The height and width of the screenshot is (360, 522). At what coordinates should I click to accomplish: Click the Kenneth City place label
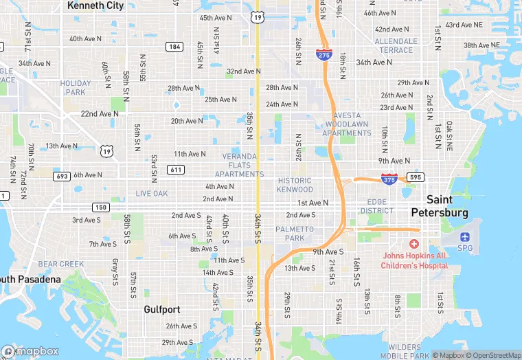[x=95, y=5]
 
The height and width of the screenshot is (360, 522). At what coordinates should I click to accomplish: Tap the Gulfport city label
[x=162, y=310]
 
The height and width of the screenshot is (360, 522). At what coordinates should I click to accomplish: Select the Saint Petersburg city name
[x=440, y=205]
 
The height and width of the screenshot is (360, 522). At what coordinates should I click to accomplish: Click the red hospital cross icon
[x=414, y=244]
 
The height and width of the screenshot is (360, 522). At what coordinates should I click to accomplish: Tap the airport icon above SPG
[x=466, y=236]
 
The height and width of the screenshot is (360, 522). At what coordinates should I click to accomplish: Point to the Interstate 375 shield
[x=389, y=179]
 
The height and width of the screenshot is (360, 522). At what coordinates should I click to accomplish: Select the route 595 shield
[x=414, y=177]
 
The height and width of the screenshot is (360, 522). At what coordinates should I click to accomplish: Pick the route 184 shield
[x=174, y=46]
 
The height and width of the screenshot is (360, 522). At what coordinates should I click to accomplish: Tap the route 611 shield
[x=175, y=170]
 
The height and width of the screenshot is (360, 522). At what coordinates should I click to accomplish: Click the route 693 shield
[x=62, y=176]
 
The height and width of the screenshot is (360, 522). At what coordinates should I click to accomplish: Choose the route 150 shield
[x=101, y=207]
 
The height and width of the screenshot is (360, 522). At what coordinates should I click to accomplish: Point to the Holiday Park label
[x=76, y=87]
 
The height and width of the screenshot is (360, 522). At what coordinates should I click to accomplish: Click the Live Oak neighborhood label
[x=152, y=194]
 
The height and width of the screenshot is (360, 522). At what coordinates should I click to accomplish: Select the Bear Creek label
[x=61, y=264]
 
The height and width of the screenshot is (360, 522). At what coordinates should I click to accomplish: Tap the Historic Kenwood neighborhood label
[x=295, y=185]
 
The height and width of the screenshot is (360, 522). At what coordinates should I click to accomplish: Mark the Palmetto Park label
[x=295, y=234]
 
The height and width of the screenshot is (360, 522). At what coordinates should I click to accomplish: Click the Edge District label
[x=377, y=206]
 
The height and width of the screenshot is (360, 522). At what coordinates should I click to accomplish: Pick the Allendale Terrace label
[x=395, y=46]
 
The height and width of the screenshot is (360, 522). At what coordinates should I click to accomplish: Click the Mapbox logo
[x=31, y=351]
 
